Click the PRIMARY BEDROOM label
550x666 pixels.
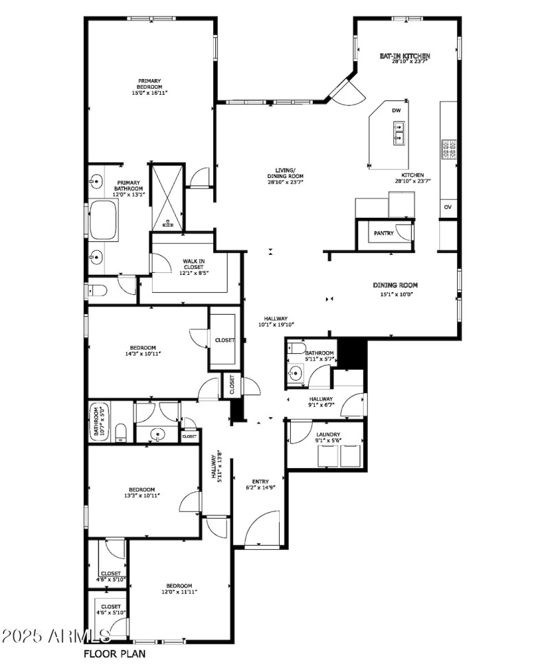149,87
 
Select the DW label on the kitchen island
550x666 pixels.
396,111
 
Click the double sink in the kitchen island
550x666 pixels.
398,133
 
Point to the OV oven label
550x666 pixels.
448,207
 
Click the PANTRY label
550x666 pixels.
384,234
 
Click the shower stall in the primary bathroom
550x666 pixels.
167,197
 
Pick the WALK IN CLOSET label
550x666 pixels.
192,267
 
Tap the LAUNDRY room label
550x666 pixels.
329,437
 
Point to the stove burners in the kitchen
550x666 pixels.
449,149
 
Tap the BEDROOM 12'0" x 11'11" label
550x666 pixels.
179,588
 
